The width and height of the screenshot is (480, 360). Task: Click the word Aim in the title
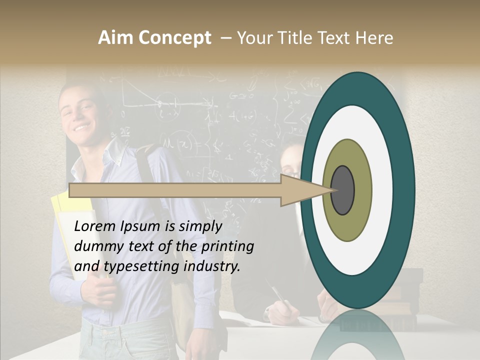(115, 37)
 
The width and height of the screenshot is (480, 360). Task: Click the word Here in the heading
(374, 37)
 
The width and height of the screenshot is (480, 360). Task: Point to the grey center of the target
(343, 190)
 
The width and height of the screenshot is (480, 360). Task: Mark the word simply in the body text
(200, 226)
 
